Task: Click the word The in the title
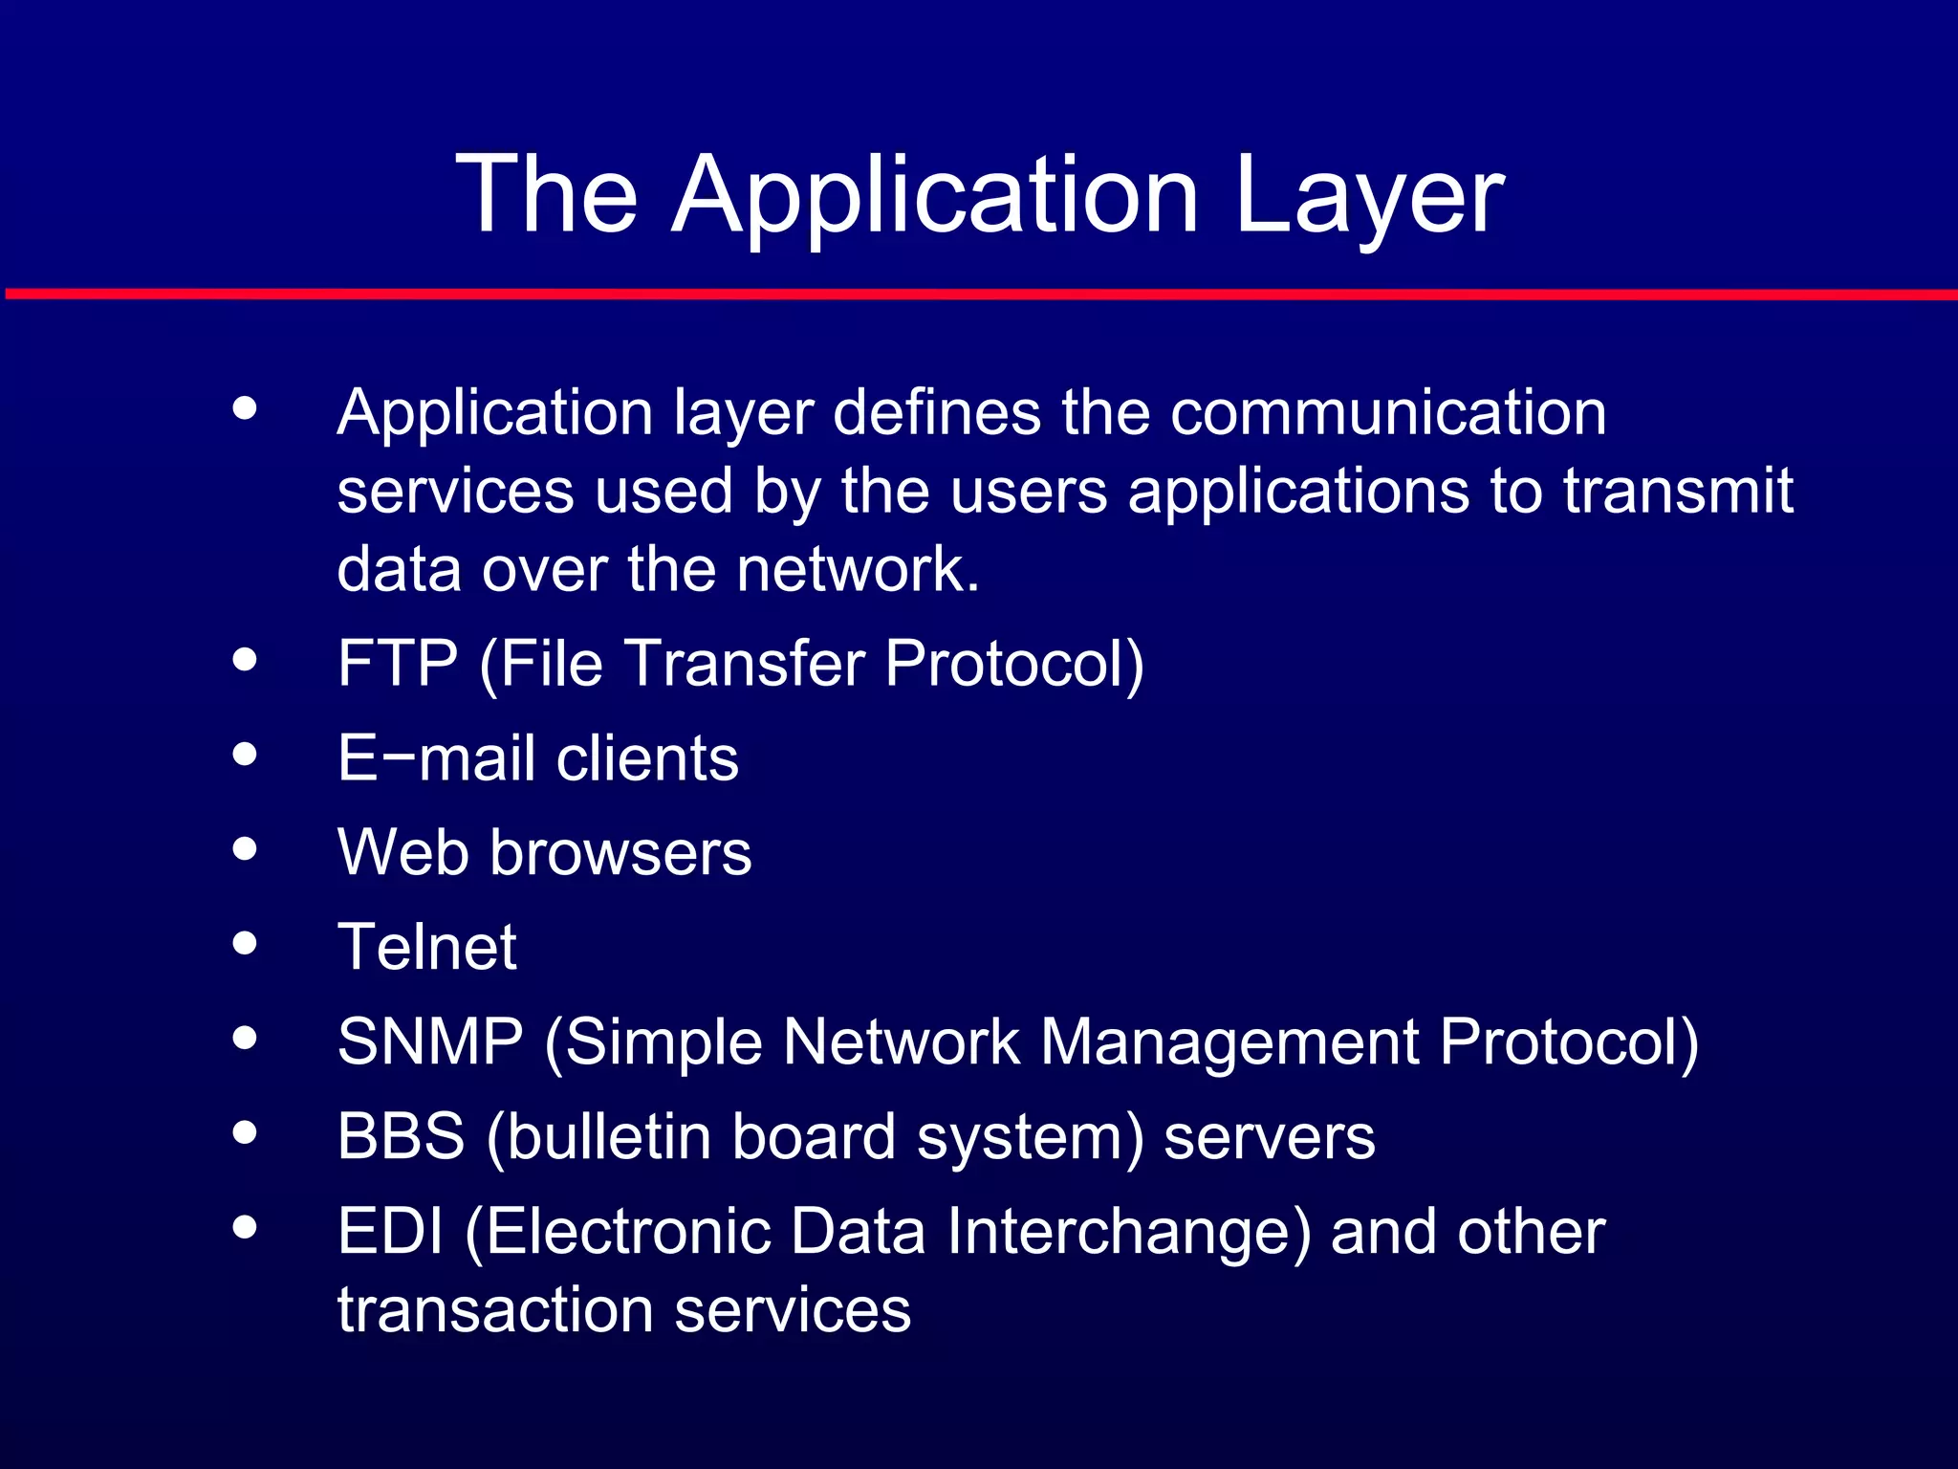547,196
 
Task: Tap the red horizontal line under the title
979,294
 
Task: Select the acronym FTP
398,663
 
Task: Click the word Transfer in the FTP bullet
745,663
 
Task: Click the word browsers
620,852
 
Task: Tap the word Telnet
427,947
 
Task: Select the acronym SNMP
430,1041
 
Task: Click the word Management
1229,1041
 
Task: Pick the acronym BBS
402,1136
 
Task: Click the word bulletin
607,1136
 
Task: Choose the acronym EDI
391,1231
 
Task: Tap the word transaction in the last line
495,1310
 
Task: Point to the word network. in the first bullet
858,570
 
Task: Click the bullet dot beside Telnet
245,943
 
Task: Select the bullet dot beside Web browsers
245,848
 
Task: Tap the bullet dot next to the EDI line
245,1227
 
